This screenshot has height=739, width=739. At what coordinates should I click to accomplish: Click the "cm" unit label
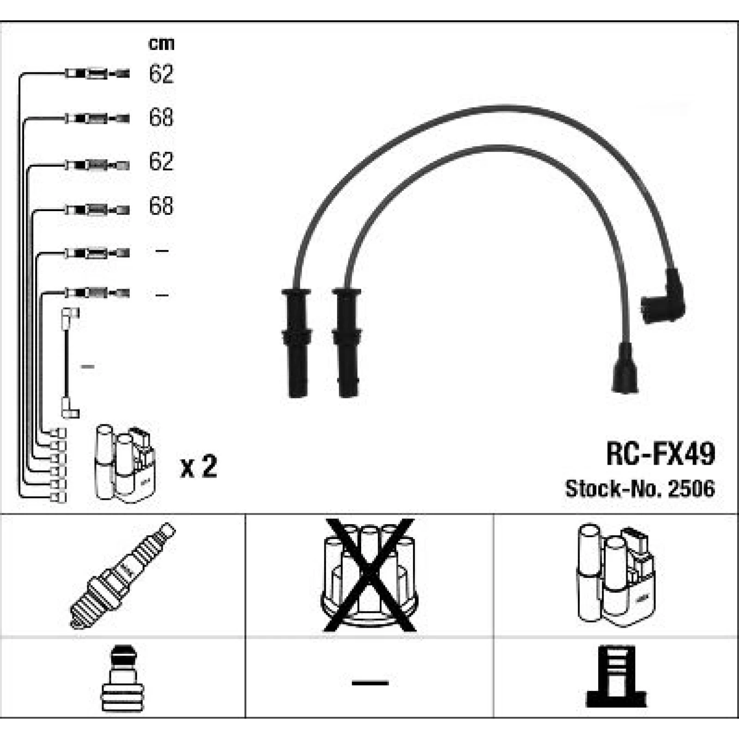pyautogui.click(x=161, y=44)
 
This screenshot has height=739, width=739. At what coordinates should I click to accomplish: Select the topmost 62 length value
pyautogui.click(x=161, y=73)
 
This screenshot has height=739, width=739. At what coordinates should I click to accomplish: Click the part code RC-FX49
pyautogui.click(x=660, y=454)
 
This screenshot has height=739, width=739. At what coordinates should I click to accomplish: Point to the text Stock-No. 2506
pyautogui.click(x=640, y=488)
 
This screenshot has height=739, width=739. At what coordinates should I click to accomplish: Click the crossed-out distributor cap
pyautogui.click(x=369, y=575)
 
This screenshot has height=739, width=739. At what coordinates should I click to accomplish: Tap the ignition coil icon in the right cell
pyautogui.click(x=616, y=575)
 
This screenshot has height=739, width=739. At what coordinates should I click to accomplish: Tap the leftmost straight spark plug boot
pyautogui.click(x=297, y=343)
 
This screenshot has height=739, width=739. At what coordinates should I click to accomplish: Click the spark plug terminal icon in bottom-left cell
pyautogui.click(x=122, y=678)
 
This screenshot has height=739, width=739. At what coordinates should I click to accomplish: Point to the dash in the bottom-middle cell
pyautogui.click(x=370, y=682)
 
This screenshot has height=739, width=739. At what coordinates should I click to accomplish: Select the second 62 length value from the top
pyautogui.click(x=161, y=161)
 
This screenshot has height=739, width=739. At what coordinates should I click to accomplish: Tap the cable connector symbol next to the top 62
pyautogui.click(x=97, y=73)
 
